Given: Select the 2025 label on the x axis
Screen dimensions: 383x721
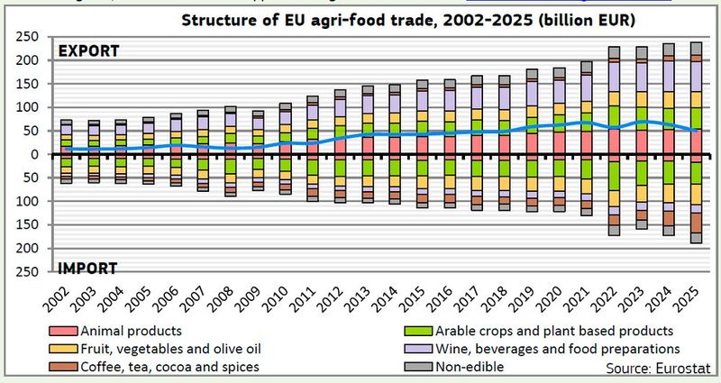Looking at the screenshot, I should (x=694, y=293).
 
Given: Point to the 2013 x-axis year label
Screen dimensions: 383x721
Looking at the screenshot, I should (x=367, y=293).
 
